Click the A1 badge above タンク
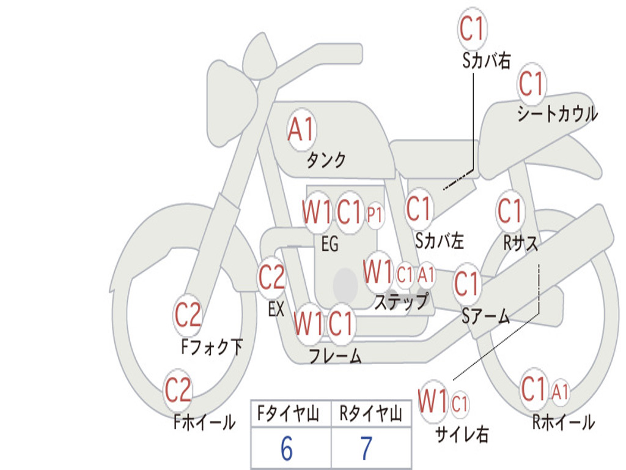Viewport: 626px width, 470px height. click(302, 129)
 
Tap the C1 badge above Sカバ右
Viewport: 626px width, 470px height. click(472, 28)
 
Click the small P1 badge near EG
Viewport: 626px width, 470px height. click(375, 215)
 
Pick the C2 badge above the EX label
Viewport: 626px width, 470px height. click(272, 277)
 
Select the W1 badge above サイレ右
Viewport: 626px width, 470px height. click(433, 401)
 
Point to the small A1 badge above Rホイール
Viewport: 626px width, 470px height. click(560, 392)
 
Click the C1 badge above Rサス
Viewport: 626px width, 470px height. click(510, 211)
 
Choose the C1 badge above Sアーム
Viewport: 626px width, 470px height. click(466, 284)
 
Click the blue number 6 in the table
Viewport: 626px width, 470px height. click(287, 449)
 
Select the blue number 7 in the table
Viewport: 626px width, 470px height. click(367, 449)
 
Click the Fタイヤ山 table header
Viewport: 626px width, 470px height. click(289, 414)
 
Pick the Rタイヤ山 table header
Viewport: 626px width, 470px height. click(370, 414)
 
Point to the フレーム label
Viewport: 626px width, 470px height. click(336, 356)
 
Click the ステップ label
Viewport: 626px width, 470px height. click(402, 301)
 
